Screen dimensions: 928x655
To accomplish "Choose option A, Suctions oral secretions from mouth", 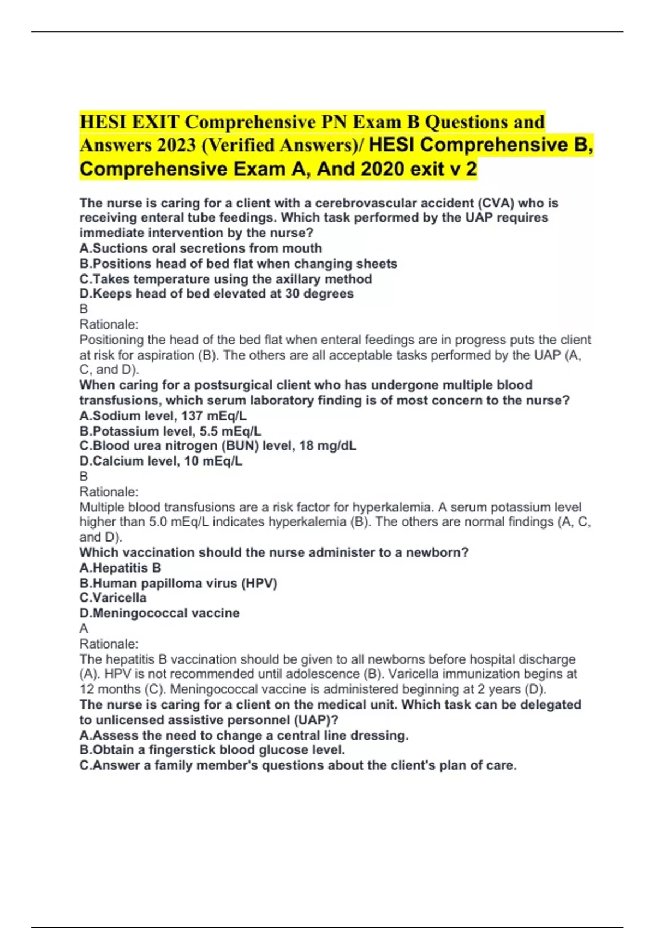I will pos(201,248).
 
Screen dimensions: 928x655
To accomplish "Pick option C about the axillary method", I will pos(225,279).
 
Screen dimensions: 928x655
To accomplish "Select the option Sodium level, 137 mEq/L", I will pos(163,415).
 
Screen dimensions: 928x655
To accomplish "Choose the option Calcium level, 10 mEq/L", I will pos(161,461).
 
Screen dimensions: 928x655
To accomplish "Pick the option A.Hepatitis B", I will pos(120,568).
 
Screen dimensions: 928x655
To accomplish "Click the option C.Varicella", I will pos(113,598).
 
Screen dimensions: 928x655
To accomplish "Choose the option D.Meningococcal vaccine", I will pos(159,613).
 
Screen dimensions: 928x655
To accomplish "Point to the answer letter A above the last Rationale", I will pos(84,628).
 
